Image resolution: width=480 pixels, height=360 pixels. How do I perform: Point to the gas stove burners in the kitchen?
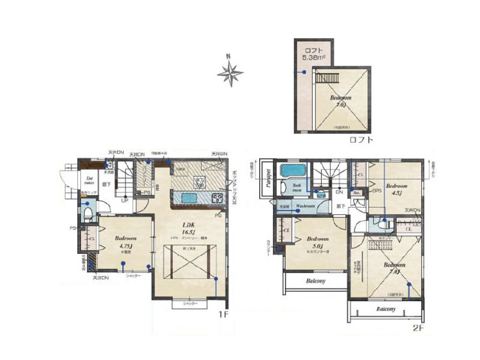pos(216,197)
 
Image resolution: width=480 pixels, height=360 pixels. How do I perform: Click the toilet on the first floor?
pos(87,214)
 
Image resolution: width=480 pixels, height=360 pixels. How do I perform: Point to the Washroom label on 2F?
pos(306,207)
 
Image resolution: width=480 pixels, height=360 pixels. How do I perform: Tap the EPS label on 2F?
pos(375,193)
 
